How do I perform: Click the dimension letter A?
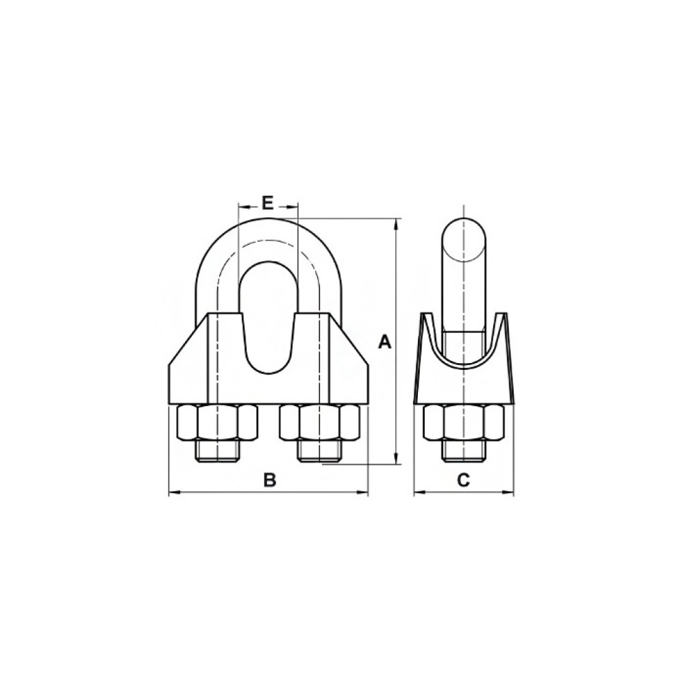pos(384,342)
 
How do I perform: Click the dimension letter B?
pos(271,480)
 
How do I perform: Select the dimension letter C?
pos(463,480)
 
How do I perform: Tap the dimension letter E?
pos(267,203)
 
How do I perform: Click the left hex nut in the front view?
pos(216,422)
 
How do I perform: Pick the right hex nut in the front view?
pos(321,422)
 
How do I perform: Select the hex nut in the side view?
pos(464,422)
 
